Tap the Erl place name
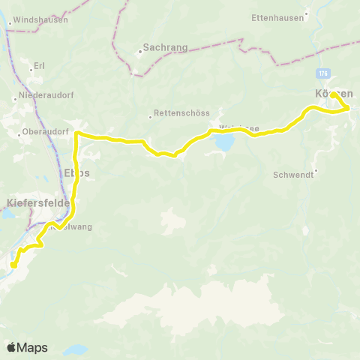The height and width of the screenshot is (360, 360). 39,66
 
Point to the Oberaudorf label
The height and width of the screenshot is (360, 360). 46,132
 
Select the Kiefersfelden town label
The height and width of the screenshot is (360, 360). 37,202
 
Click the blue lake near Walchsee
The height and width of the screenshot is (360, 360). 224,141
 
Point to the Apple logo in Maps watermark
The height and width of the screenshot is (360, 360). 11,347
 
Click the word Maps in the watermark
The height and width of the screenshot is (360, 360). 32,348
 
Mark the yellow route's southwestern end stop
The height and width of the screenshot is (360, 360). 13,264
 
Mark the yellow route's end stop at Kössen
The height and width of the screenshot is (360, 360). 333,95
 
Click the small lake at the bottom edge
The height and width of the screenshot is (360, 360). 74,349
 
